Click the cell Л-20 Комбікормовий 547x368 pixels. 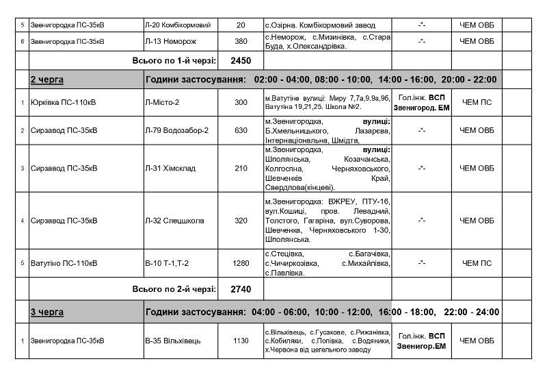(178, 25)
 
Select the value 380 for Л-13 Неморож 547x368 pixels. (240, 41)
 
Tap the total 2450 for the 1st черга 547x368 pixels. (241, 60)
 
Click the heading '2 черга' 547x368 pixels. (47, 79)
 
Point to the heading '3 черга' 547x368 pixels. (47, 312)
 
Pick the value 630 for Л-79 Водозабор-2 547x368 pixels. (240, 130)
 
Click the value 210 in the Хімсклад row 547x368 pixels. (240, 168)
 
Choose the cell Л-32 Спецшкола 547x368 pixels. (174, 221)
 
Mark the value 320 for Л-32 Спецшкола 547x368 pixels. (240, 221)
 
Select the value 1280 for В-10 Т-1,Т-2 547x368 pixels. (240, 263)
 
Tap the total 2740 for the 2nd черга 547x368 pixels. (241, 289)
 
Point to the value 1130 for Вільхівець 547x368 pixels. (240, 340)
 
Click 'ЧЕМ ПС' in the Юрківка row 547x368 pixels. (477, 102)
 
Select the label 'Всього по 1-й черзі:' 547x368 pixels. (174, 60)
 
